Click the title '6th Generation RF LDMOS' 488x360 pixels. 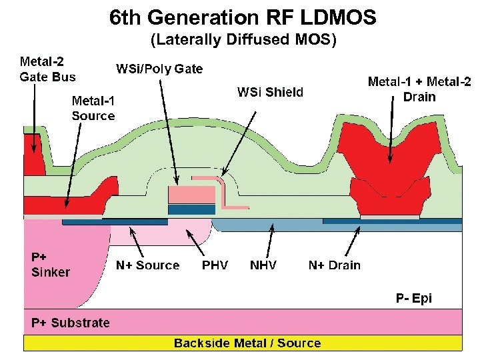click(243, 17)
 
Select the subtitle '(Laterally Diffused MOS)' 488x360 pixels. click(243, 41)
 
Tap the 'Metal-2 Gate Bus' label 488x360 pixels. click(47, 69)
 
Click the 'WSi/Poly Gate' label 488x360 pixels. click(159, 69)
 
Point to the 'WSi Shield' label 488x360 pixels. click(270, 92)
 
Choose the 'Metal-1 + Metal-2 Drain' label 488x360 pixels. click(419, 89)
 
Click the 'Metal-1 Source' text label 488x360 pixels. click(93, 108)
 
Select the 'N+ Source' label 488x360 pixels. click(147, 265)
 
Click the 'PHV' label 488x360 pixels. click(215, 265)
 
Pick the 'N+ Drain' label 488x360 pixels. click(334, 265)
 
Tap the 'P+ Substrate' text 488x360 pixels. click(71, 323)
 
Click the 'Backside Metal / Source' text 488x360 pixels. click(247, 343)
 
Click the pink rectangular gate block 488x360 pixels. click(191, 195)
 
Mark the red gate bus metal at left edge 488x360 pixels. click(31, 156)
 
